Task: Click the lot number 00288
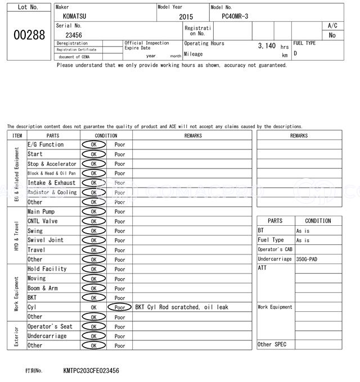click(x=29, y=35)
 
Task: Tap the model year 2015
click(x=186, y=17)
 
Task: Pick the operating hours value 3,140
click(x=267, y=46)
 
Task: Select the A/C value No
click(x=332, y=35)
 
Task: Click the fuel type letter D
click(x=295, y=53)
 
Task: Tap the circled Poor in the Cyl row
click(x=120, y=307)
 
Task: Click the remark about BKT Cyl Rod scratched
click(x=181, y=307)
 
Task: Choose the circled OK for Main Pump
click(x=93, y=212)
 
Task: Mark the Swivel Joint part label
click(x=46, y=240)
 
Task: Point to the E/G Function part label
click(x=46, y=144)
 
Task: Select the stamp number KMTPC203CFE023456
click(x=91, y=371)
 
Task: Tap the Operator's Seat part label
click(x=50, y=326)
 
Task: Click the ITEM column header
click(x=17, y=135)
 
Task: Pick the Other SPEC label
click(x=272, y=344)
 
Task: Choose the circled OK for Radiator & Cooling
click(x=93, y=192)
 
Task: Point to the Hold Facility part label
click(x=47, y=269)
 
